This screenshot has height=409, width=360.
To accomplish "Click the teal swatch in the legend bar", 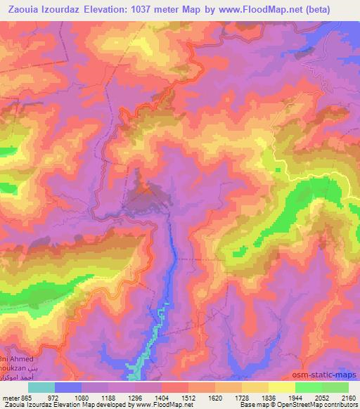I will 41,387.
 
